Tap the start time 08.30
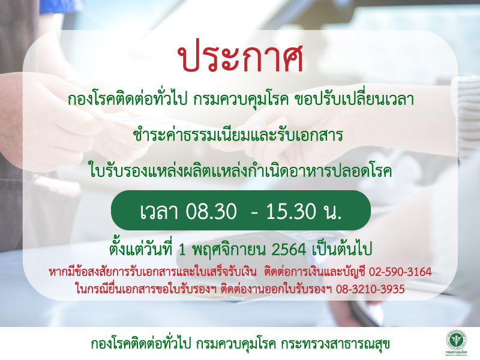(211, 211)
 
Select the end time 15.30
(291, 211)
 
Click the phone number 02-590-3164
(400, 272)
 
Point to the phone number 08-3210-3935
(370, 289)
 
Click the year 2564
(289, 250)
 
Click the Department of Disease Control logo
(456, 343)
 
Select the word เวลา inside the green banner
(159, 211)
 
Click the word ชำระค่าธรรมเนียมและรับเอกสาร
(238, 136)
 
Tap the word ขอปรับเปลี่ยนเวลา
(354, 99)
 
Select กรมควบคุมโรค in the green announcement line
(241, 100)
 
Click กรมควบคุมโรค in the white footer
(236, 344)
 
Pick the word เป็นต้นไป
(342, 249)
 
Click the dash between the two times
(254, 212)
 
